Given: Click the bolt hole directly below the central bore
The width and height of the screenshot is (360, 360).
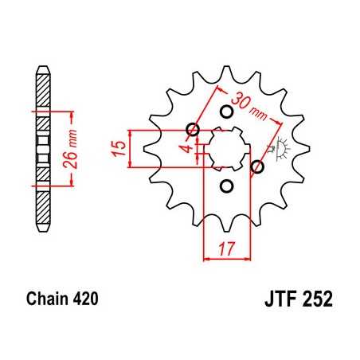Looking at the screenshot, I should [225, 186].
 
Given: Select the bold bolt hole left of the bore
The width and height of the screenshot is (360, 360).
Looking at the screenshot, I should [192, 130].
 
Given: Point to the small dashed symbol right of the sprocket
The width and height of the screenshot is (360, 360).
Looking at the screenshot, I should [281, 148].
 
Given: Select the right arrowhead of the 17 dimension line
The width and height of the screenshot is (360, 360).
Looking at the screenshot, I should [245, 258].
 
